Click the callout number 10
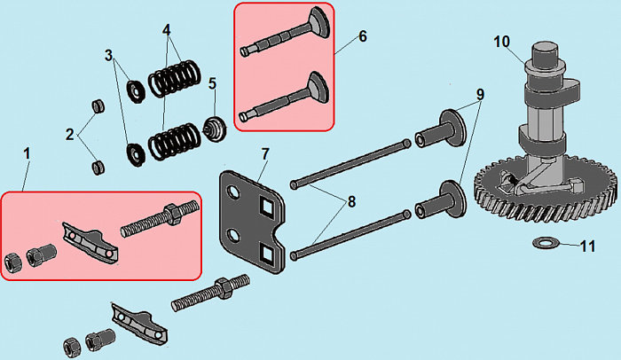coord(502,42)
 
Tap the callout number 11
coord(587,247)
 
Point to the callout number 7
coord(265,153)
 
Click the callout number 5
coord(213,83)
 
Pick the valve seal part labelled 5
coord(215,129)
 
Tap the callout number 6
coord(363,36)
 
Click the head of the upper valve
coord(319,21)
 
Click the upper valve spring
coord(174,78)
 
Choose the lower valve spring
coord(174,142)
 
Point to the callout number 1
coord(27,153)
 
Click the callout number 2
coord(70,135)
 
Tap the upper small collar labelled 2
coord(98,106)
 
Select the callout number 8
coord(351,202)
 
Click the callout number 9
coord(480,95)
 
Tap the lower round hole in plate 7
coord(233,238)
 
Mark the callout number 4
coord(167,29)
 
